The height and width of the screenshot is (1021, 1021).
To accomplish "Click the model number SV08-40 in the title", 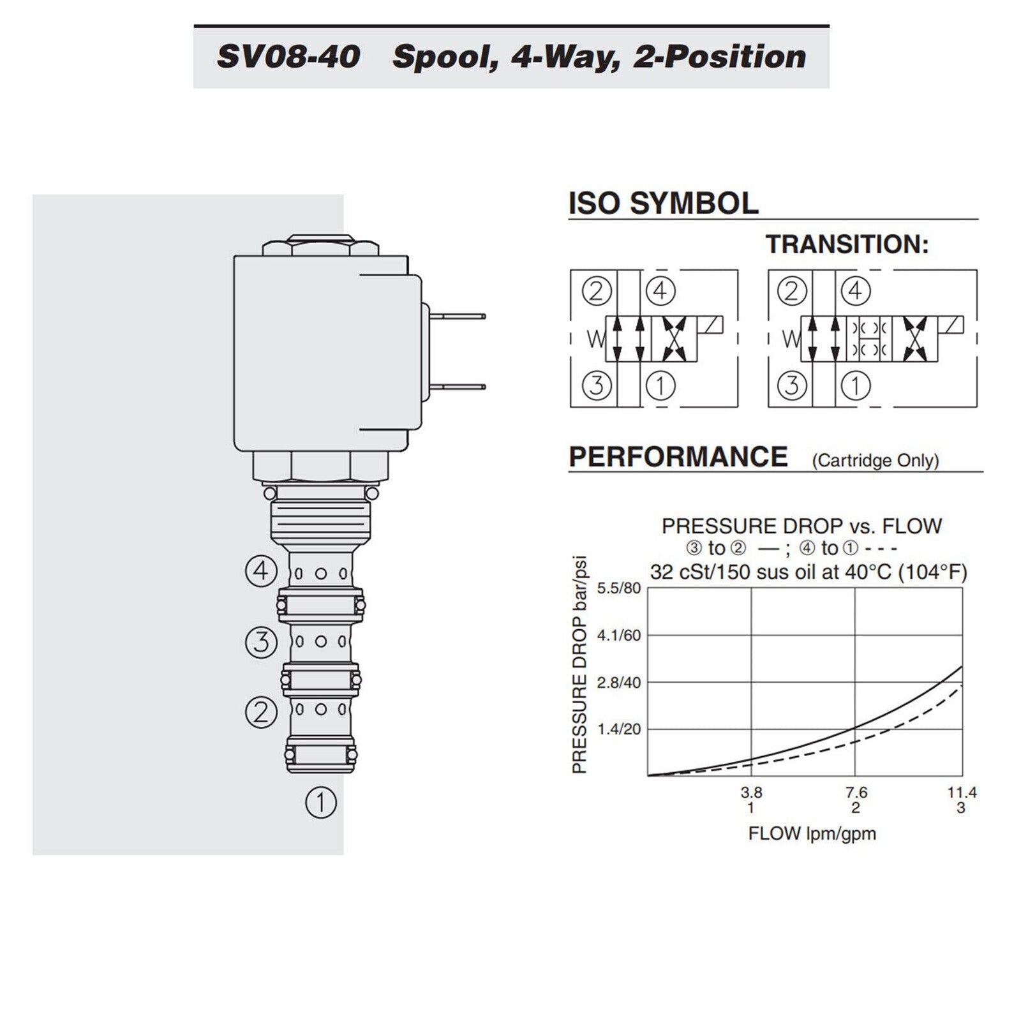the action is (288, 57).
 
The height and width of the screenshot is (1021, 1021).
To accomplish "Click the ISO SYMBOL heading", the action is (664, 203).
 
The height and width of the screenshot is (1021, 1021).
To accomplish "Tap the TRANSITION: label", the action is (847, 244).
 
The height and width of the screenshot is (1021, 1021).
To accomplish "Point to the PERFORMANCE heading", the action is (678, 457).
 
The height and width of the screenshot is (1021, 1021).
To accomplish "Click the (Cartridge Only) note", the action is (876, 461).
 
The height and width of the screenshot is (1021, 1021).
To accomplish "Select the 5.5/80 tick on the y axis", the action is (618, 588).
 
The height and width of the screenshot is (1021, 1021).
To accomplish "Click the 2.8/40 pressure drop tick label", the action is (618, 683).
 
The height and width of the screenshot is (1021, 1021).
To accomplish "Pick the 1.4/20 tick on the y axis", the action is (618, 729).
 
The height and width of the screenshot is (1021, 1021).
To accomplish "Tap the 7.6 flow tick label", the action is (856, 793).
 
